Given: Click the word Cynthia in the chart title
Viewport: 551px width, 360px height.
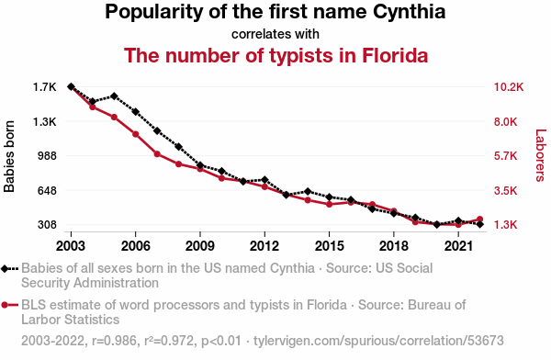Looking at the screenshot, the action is [x=409, y=12].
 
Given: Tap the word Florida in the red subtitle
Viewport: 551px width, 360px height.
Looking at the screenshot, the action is [x=395, y=55].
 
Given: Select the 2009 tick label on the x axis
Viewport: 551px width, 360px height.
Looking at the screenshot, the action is [x=200, y=246].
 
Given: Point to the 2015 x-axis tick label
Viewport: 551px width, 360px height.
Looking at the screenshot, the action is [x=329, y=246].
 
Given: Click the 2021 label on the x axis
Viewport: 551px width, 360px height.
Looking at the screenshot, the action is [x=458, y=246].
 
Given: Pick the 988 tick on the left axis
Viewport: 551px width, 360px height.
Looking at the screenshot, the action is [x=47, y=156].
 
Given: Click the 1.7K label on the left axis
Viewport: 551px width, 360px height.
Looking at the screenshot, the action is [x=45, y=87].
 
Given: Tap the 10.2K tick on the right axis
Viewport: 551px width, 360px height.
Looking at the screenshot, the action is [x=509, y=87].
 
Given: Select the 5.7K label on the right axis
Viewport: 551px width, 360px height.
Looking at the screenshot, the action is [x=506, y=156].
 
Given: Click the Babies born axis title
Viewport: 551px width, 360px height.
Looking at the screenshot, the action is [x=9, y=156].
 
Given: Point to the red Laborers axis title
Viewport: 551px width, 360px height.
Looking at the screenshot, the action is [x=541, y=155].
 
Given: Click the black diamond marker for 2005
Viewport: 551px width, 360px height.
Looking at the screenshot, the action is [x=114, y=96].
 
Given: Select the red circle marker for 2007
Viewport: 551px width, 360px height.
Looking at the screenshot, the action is [x=157, y=154].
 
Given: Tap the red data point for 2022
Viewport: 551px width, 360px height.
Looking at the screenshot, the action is [x=480, y=219].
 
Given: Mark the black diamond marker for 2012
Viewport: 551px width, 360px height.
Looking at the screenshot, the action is [x=264, y=180].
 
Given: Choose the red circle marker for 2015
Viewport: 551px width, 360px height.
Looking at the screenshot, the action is [x=330, y=204].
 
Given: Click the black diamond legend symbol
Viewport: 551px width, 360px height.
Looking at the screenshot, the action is [x=5, y=269].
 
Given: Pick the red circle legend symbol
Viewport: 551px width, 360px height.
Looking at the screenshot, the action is [x=5, y=305].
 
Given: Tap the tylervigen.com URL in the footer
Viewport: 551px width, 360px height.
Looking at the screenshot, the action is [x=378, y=341].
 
